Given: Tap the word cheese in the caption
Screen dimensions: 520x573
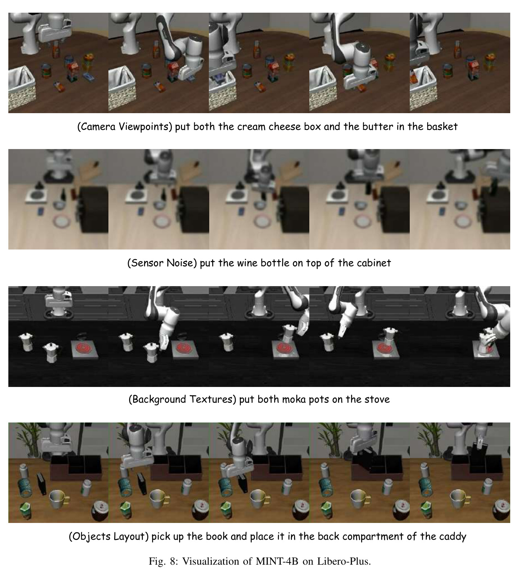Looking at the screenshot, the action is [283, 127].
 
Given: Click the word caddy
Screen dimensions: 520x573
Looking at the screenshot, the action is [453, 536].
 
